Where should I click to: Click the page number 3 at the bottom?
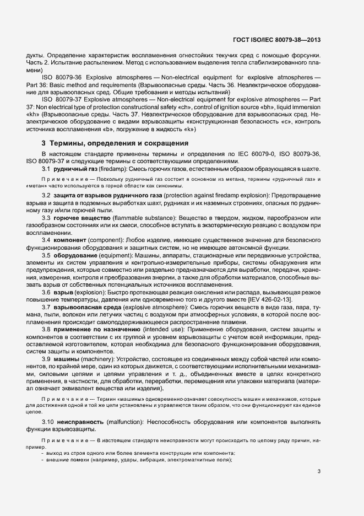pyautogui.click(x=319, y=471)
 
